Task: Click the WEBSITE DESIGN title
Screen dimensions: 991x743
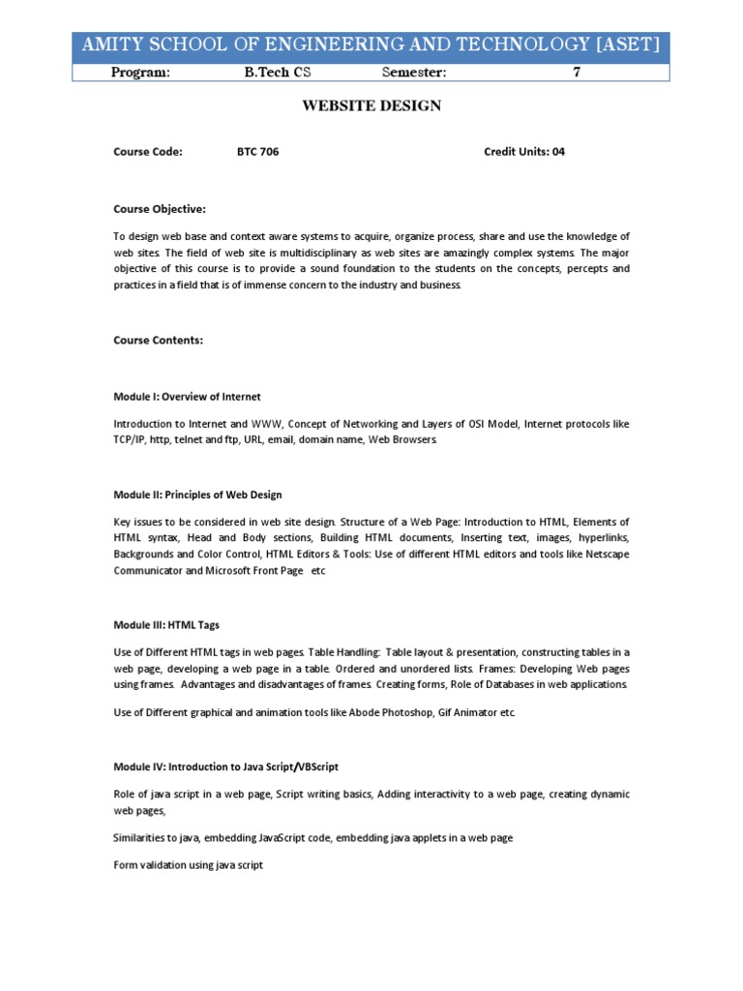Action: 371,105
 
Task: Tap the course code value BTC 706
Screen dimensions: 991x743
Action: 258,152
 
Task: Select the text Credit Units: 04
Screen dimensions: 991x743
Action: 523,152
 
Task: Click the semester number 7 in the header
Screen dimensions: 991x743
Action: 577,73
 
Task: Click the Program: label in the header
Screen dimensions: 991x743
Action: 140,73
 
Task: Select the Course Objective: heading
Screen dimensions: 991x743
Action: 160,208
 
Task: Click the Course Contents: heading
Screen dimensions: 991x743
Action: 159,340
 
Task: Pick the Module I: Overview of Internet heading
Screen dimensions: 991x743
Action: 188,397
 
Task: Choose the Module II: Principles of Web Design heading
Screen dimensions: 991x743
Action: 198,495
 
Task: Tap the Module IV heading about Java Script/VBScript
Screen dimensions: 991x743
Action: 226,766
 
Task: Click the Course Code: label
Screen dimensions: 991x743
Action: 148,152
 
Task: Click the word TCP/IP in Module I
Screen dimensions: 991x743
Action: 130,439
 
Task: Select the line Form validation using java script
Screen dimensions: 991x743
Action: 188,864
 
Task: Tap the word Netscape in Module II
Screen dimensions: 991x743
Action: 608,555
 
